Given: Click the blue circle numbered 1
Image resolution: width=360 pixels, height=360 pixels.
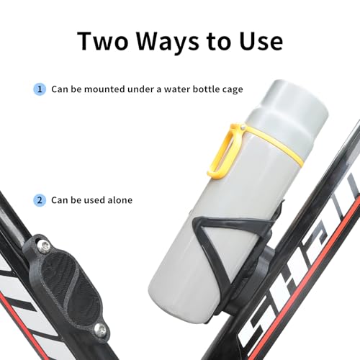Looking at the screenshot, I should pos(40,90).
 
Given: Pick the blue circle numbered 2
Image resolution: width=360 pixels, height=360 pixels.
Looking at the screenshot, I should pos(40,199).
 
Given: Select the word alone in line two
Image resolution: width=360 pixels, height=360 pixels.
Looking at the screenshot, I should pos(117,199).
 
